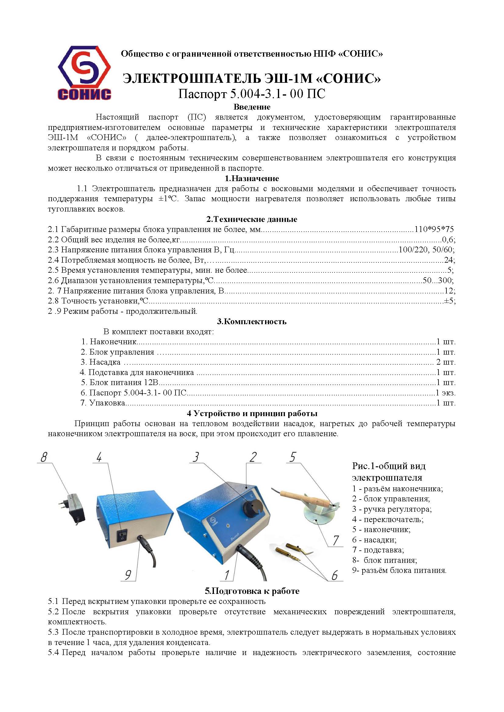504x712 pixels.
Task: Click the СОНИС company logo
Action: pyautogui.click(x=84, y=73)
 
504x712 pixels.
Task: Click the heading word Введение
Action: pyautogui.click(x=252, y=107)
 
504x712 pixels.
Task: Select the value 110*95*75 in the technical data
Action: pyautogui.click(x=434, y=230)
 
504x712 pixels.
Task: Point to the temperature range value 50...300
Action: pyautogui.click(x=438, y=281)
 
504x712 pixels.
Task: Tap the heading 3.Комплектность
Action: pyautogui.click(x=252, y=321)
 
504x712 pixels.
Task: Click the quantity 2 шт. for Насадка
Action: pyautogui.click(x=446, y=362)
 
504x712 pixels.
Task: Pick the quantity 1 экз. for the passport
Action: pyautogui.click(x=445, y=393)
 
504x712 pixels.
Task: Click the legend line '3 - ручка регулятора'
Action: pyautogui.click(x=392, y=509)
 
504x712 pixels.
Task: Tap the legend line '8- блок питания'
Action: pyautogui.click(x=385, y=560)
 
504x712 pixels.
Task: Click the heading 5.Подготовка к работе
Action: pyautogui.click(x=252, y=591)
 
